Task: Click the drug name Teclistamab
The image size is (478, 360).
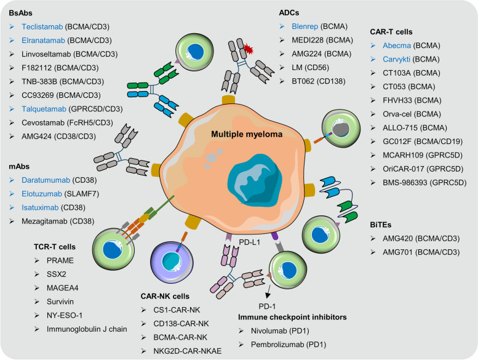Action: coord(42,27)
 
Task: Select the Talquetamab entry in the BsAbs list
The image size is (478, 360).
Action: coord(72,109)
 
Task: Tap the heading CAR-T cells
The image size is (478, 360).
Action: coord(391,32)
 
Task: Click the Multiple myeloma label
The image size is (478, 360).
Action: coord(247,134)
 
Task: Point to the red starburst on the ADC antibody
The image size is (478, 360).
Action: coord(249,49)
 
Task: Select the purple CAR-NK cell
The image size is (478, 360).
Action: coord(172,262)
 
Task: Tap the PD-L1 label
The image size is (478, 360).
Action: coord(249,242)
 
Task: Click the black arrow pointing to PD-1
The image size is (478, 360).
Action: coord(268,292)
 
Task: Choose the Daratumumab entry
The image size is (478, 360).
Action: coord(59,180)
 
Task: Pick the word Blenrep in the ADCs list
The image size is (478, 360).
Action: coord(305,26)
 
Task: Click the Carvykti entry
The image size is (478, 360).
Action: coord(411,59)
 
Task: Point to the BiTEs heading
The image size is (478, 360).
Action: coord(380,225)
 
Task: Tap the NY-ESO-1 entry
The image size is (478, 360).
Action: coord(65,315)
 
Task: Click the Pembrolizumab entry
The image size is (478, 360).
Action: coord(289,345)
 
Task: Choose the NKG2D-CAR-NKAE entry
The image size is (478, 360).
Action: coord(188,351)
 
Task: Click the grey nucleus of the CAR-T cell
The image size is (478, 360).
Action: coord(341,129)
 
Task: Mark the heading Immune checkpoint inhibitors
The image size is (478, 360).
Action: coord(292,318)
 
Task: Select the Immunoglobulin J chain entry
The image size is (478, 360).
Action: coord(87,329)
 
